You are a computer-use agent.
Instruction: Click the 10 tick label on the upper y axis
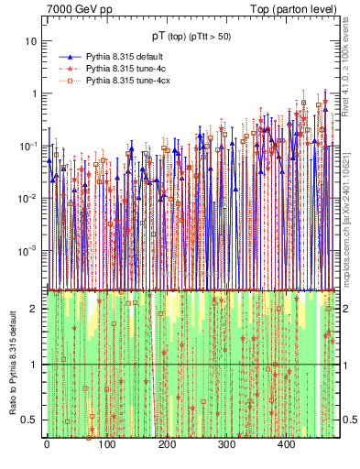[x=31, y=42]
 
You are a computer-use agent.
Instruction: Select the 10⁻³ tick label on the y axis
[x=28, y=250]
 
